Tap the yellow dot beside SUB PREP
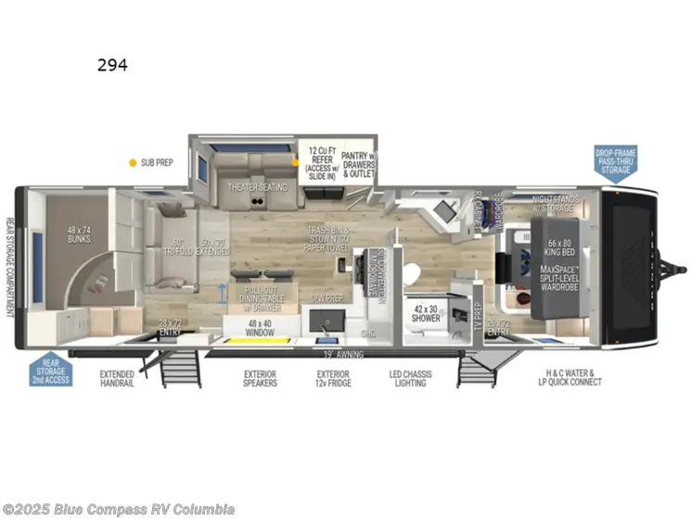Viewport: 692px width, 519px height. click(x=133, y=162)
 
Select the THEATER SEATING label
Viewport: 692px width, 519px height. click(x=258, y=187)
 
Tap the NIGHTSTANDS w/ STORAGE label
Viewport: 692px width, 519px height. click(x=557, y=204)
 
